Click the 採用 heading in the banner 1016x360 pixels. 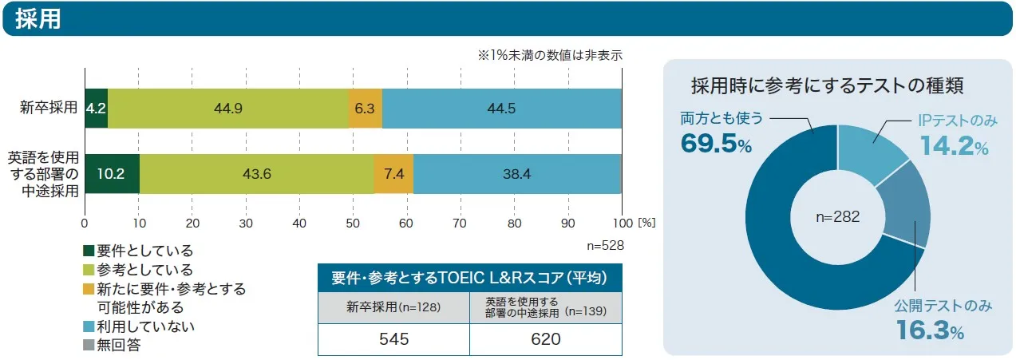(x=38, y=18)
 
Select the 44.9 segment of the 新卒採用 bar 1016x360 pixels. (x=228, y=109)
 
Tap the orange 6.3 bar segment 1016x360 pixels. (x=366, y=109)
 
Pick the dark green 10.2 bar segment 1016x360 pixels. (x=112, y=173)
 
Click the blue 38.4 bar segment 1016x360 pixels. (x=516, y=173)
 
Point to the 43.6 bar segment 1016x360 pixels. (x=256, y=173)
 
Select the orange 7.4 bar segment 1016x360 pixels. (x=393, y=173)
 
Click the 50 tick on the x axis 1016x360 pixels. (x=354, y=223)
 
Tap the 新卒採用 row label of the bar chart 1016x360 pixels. (x=48, y=109)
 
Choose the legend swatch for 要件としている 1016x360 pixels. (x=89, y=251)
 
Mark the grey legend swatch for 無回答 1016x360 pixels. (x=89, y=345)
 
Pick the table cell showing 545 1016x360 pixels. (x=393, y=339)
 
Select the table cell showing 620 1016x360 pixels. (x=545, y=339)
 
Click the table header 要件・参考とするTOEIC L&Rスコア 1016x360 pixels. (x=469, y=278)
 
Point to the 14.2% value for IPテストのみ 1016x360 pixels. (x=955, y=146)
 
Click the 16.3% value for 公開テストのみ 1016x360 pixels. (x=929, y=330)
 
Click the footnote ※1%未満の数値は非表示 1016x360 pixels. (x=549, y=56)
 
